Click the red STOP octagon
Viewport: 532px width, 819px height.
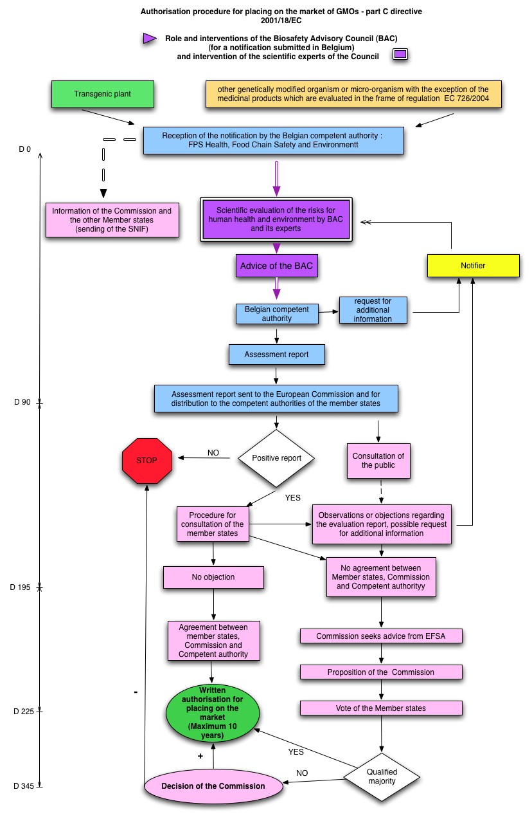pyautogui.click(x=146, y=461)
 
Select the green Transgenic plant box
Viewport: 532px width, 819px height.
pyautogui.click(x=103, y=94)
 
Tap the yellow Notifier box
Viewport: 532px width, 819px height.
pyautogui.click(x=473, y=266)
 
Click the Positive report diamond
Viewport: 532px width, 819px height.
pyautogui.click(x=276, y=458)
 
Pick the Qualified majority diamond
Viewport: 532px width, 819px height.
pyautogui.click(x=382, y=777)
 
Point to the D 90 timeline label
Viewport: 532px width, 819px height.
pyautogui.click(x=22, y=402)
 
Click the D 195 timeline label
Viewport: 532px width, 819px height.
pyautogui.click(x=20, y=587)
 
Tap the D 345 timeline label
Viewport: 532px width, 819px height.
pyautogui.click(x=24, y=786)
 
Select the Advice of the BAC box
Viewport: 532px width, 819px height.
pyautogui.click(x=276, y=266)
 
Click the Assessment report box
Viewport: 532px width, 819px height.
pyautogui.click(x=276, y=354)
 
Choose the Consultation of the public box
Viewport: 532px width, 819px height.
pyautogui.click(x=378, y=461)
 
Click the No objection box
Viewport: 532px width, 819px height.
pyautogui.click(x=213, y=577)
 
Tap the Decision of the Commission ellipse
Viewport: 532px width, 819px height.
pyautogui.click(x=213, y=786)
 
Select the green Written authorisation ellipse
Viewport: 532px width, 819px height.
pyautogui.click(x=213, y=713)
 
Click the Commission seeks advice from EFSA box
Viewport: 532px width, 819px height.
pyautogui.click(x=381, y=636)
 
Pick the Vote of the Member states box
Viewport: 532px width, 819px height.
pyautogui.click(x=381, y=708)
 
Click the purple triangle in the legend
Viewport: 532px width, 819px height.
pyautogui.click(x=149, y=39)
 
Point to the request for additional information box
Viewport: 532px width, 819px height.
pyautogui.click(x=373, y=310)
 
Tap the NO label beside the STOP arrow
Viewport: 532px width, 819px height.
pyautogui.click(x=213, y=453)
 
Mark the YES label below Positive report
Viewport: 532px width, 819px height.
pyautogui.click(x=293, y=497)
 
